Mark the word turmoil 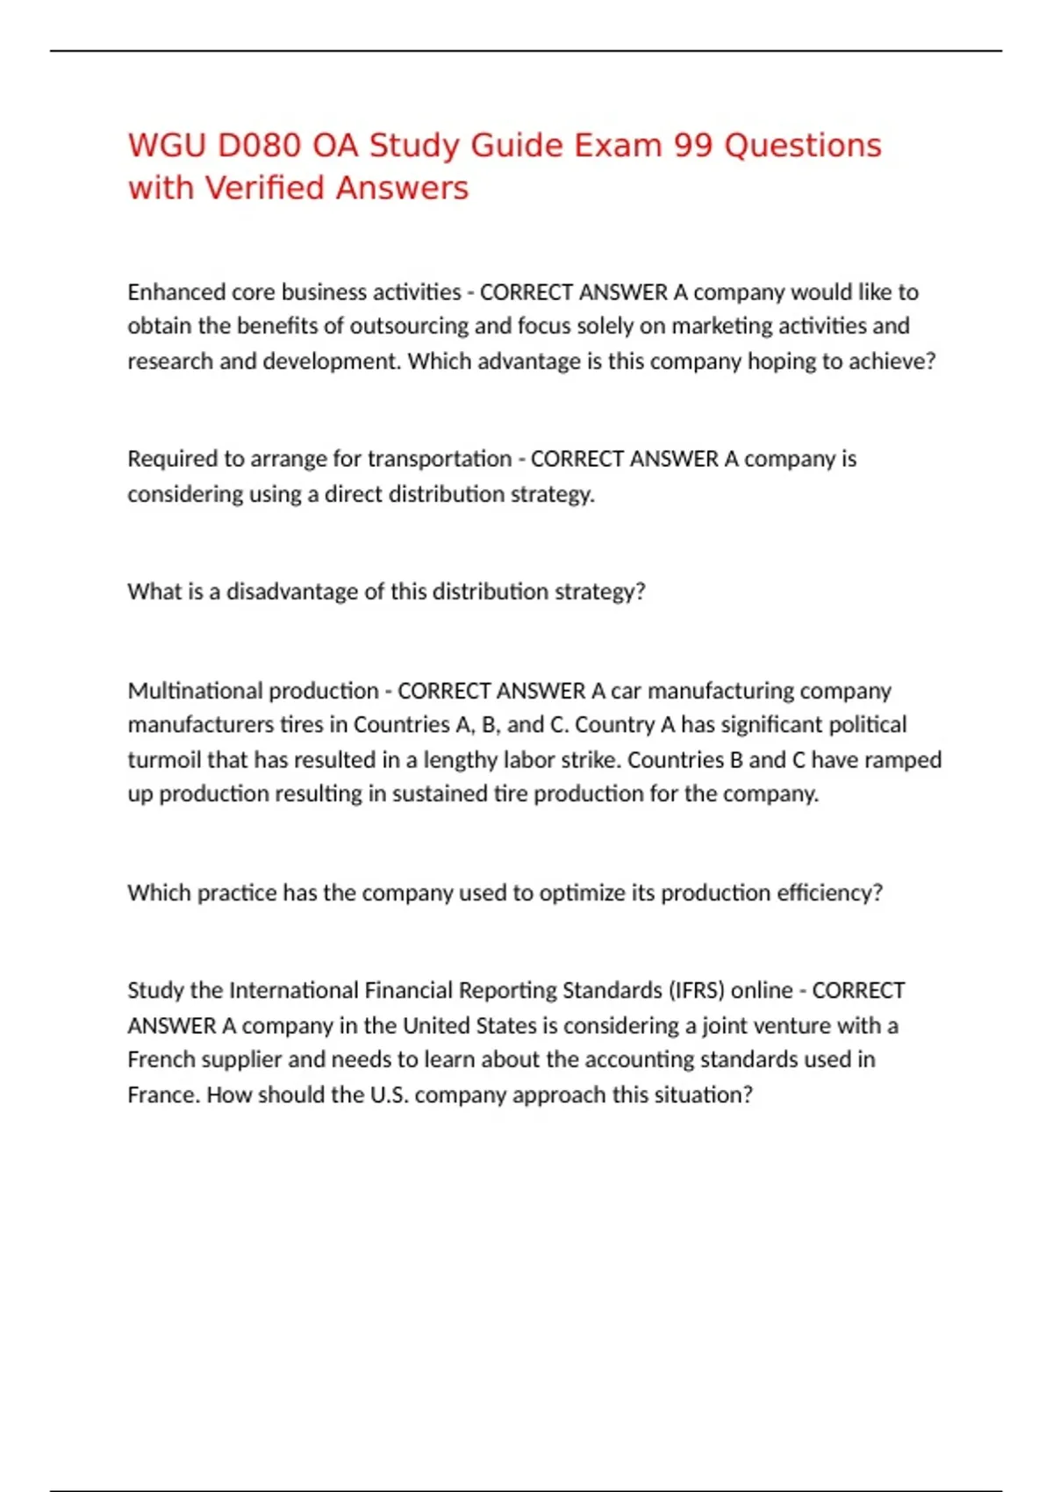coord(164,760)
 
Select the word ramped coord(904,760)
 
